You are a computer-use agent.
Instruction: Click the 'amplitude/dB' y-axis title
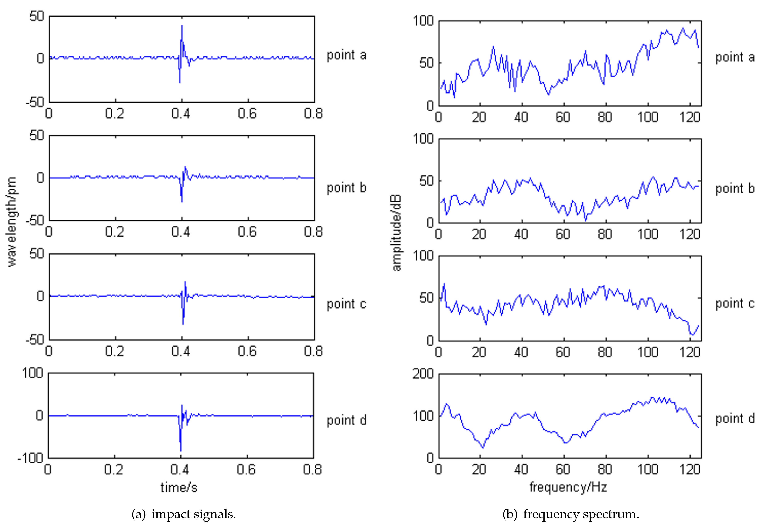pos(397,233)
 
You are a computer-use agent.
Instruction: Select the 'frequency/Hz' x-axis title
pos(568,487)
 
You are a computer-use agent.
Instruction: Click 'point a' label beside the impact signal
pos(346,55)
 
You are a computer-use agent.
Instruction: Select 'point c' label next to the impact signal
pos(346,304)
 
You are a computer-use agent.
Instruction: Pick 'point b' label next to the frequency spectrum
pos(735,188)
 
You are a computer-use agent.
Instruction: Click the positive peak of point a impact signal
pos(182,26)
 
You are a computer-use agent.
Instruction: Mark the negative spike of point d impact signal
pos(181,451)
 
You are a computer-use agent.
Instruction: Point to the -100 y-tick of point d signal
pos(30,458)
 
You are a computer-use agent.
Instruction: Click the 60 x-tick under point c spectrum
pos(563,352)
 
